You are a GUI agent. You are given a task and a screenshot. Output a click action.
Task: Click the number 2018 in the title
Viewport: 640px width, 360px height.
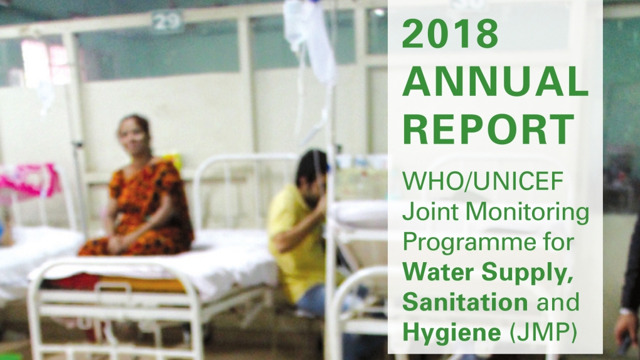coord(451,34)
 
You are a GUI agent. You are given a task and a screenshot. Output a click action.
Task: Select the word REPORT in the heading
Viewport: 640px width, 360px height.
coord(488,129)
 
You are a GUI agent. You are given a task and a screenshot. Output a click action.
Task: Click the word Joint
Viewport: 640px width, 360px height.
coord(424,215)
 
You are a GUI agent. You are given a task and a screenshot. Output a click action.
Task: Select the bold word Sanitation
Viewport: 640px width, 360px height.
coord(464,302)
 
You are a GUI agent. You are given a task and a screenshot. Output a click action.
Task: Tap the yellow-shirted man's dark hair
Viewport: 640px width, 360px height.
coord(309,164)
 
